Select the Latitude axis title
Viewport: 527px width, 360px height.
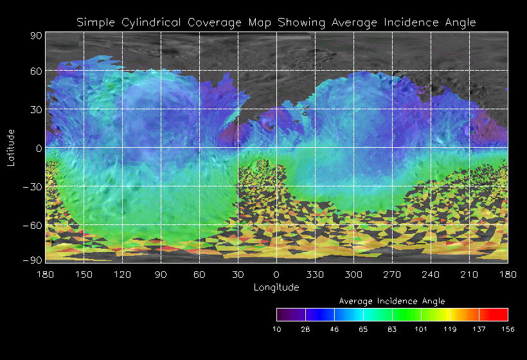coord(11,147)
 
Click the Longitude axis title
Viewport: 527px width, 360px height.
coord(276,287)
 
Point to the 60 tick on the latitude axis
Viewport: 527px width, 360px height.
coord(35,71)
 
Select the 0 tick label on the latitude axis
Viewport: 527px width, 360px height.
coord(39,148)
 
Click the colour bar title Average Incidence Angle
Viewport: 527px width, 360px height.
coord(392,301)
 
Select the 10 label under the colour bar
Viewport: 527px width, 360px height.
coord(276,328)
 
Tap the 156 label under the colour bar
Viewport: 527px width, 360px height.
coord(508,328)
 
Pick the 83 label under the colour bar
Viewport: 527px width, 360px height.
coord(392,328)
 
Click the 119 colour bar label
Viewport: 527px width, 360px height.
coord(450,328)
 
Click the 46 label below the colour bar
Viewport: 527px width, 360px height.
coord(334,328)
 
